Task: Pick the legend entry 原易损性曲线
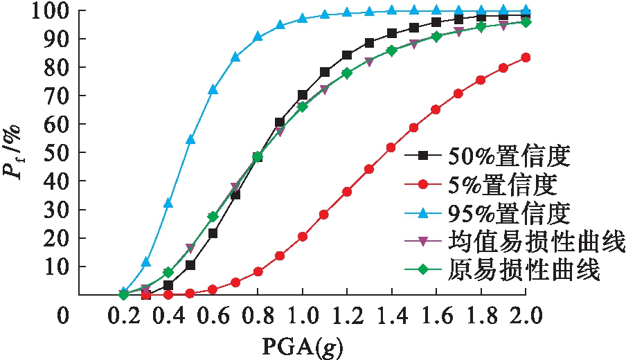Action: pyautogui.click(x=530, y=271)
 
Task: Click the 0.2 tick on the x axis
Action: pyautogui.click(x=124, y=317)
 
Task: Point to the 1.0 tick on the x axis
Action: pyautogui.click(x=303, y=317)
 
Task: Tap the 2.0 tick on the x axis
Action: pyautogui.click(x=526, y=317)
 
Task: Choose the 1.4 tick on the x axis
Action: pyautogui.click(x=392, y=317)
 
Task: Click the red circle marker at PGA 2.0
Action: pyautogui.click(x=526, y=57)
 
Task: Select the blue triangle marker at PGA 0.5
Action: pyautogui.click(x=190, y=140)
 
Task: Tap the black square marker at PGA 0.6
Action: pyautogui.click(x=213, y=233)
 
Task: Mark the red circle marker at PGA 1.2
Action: pyautogui.click(x=347, y=192)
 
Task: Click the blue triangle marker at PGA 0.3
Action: pyautogui.click(x=146, y=263)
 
